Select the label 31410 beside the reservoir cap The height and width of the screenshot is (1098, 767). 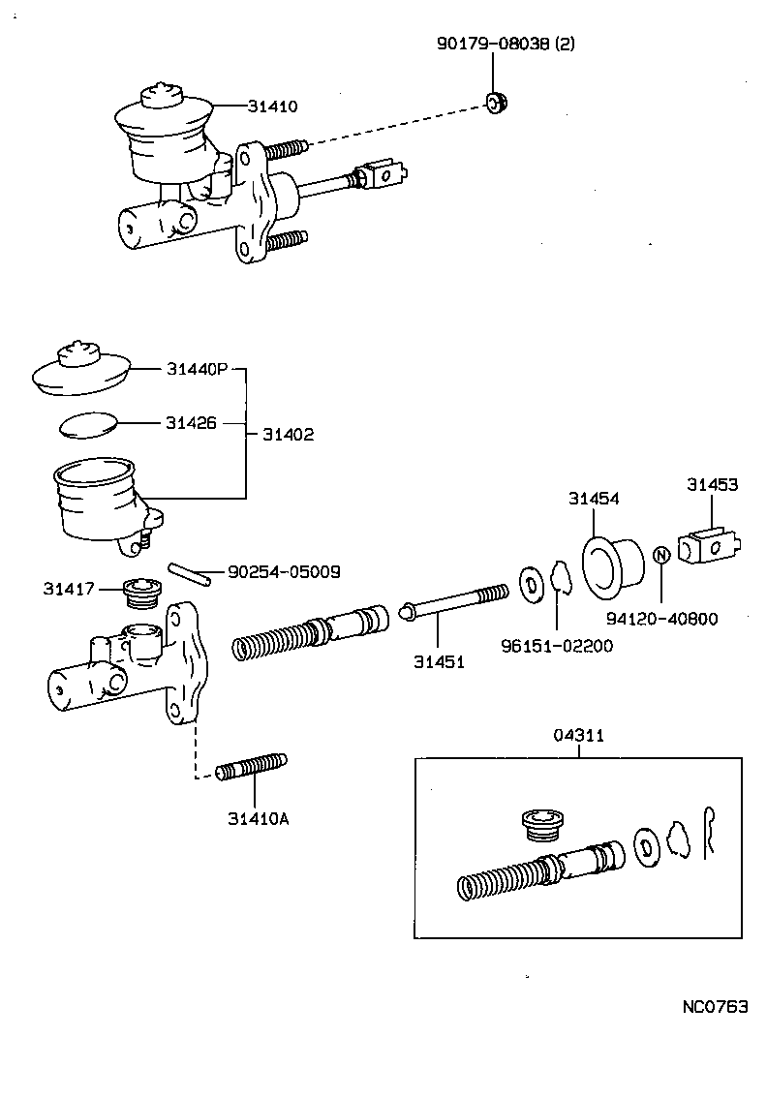click(272, 107)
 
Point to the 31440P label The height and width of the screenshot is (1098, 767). click(197, 369)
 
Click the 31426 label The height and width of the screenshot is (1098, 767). click(191, 423)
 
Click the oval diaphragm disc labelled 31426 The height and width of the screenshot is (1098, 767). click(87, 424)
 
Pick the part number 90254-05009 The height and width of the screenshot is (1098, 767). click(284, 572)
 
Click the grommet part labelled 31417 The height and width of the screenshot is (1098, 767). click(142, 592)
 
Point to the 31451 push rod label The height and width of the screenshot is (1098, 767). click(440, 662)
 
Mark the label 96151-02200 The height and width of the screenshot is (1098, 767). click(557, 646)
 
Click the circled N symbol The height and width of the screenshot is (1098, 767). click(661, 555)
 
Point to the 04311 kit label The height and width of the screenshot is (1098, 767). click(579, 735)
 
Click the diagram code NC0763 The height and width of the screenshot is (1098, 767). click(716, 1007)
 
